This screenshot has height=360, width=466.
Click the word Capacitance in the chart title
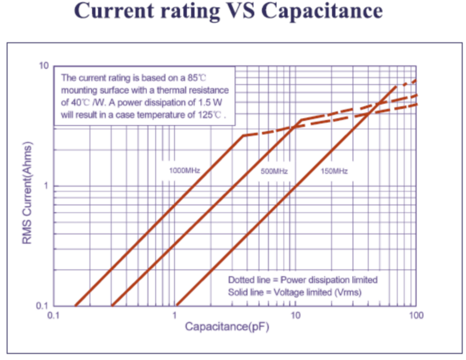point(322,11)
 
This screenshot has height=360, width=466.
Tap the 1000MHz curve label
point(184,171)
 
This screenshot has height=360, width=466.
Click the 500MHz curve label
point(274,171)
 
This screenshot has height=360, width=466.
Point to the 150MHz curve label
point(334,171)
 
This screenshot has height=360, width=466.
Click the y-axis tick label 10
point(44,65)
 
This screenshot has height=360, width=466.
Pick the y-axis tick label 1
point(46,186)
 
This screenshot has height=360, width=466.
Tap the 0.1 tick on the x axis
point(53,315)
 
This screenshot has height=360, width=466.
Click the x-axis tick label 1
point(175,315)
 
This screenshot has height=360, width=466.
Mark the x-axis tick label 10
point(295,315)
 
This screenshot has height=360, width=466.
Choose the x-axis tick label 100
point(416,315)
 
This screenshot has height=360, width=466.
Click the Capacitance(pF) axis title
point(227,327)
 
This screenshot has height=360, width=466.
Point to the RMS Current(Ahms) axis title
point(27,193)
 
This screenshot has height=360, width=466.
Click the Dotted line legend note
point(303,280)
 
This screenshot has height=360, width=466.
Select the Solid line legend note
point(295,292)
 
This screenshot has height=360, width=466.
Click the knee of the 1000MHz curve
point(244,136)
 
